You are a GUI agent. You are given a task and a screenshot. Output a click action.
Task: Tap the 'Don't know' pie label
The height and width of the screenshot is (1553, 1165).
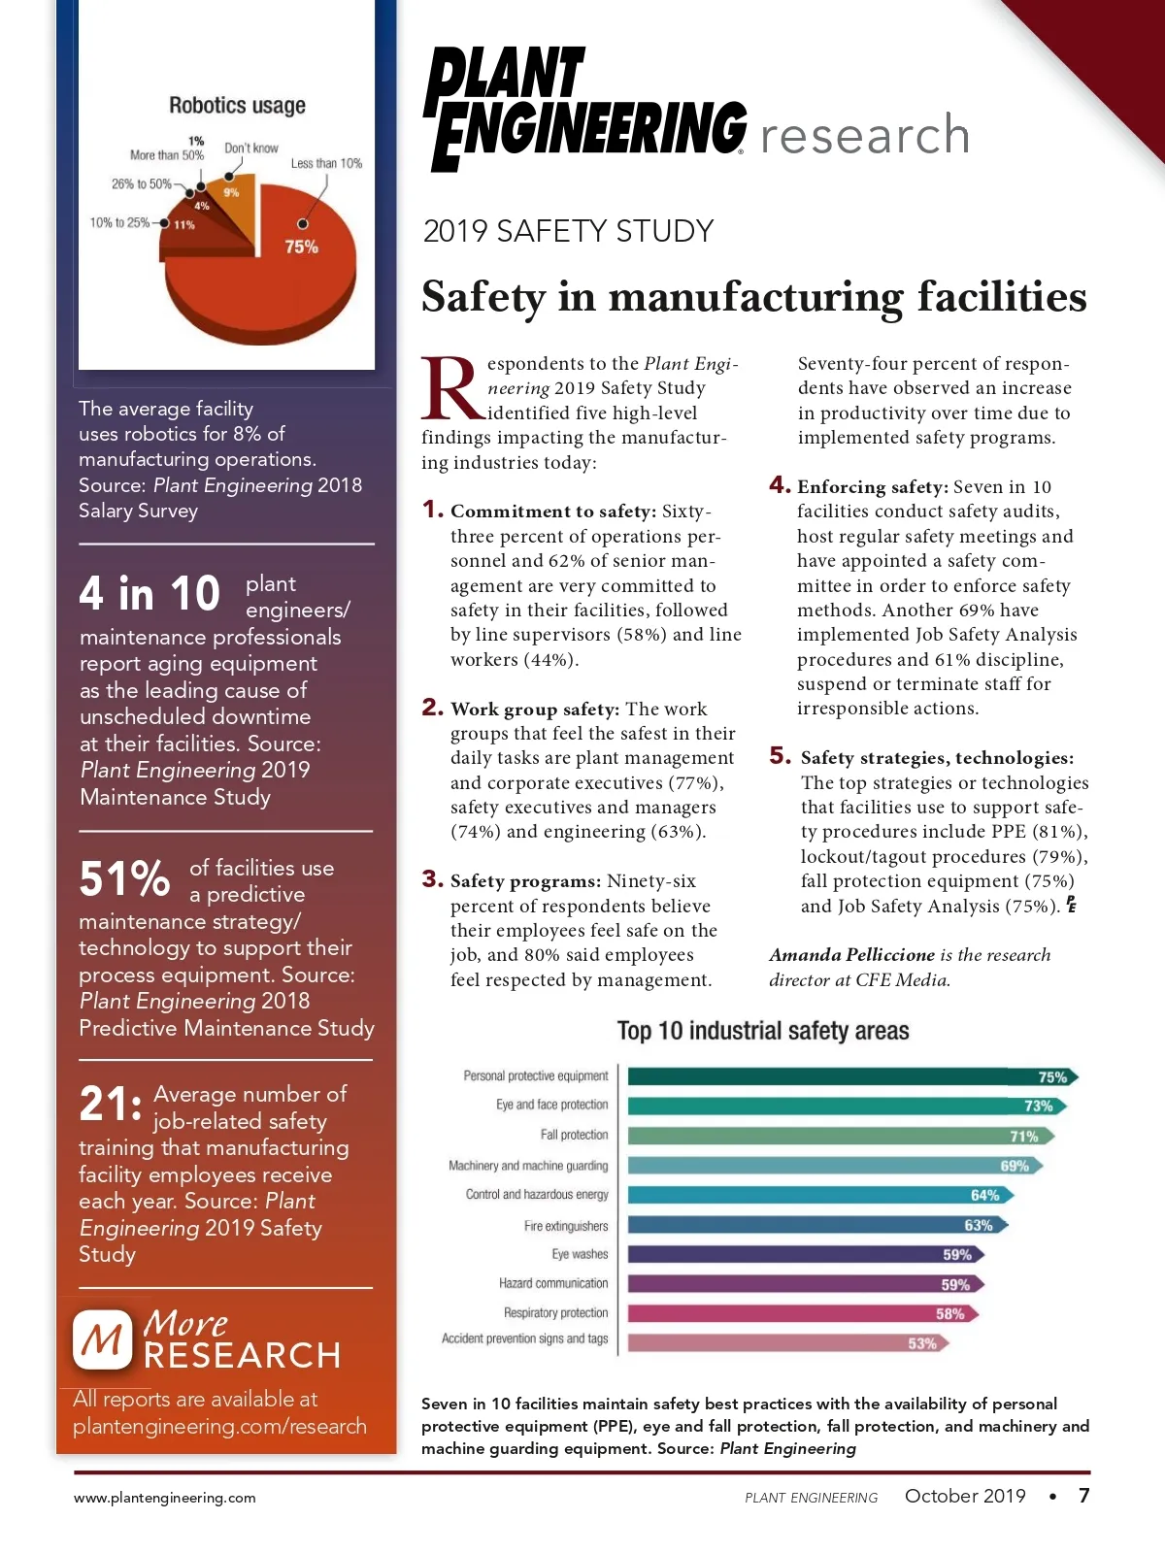tap(251, 149)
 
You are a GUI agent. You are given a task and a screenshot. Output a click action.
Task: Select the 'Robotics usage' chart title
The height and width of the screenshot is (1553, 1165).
tap(237, 105)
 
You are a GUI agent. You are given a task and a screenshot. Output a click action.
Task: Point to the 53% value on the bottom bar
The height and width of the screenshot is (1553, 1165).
tap(922, 1343)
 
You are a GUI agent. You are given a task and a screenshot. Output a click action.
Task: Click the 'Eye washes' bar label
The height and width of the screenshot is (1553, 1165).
tap(580, 1254)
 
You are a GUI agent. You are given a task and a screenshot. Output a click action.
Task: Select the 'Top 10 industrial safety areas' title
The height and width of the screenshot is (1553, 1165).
tap(763, 1031)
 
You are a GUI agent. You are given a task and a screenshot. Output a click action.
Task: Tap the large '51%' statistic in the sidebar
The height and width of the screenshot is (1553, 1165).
tap(124, 878)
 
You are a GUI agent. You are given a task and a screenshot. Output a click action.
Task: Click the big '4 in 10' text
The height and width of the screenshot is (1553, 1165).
tap(150, 594)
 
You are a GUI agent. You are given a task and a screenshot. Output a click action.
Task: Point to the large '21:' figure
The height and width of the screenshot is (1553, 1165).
tap(110, 1104)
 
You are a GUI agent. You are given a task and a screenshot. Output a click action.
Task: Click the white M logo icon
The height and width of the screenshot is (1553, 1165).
tap(102, 1340)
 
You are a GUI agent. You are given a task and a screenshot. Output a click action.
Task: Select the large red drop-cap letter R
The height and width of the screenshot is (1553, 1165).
tap(449, 389)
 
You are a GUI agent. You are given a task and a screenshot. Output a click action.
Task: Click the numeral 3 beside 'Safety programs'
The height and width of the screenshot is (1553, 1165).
tap(432, 879)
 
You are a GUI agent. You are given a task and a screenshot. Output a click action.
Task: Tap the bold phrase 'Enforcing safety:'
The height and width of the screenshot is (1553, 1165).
tap(872, 487)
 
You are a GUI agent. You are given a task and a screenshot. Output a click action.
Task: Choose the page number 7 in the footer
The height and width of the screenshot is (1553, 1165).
tap(1084, 1496)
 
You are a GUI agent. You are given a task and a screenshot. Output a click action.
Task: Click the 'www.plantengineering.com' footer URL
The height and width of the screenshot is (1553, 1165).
tap(165, 1498)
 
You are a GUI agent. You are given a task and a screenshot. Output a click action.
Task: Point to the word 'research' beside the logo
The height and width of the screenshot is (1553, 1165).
tap(865, 134)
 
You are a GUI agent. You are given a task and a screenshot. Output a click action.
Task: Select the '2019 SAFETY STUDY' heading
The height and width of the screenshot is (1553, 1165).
tap(568, 231)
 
